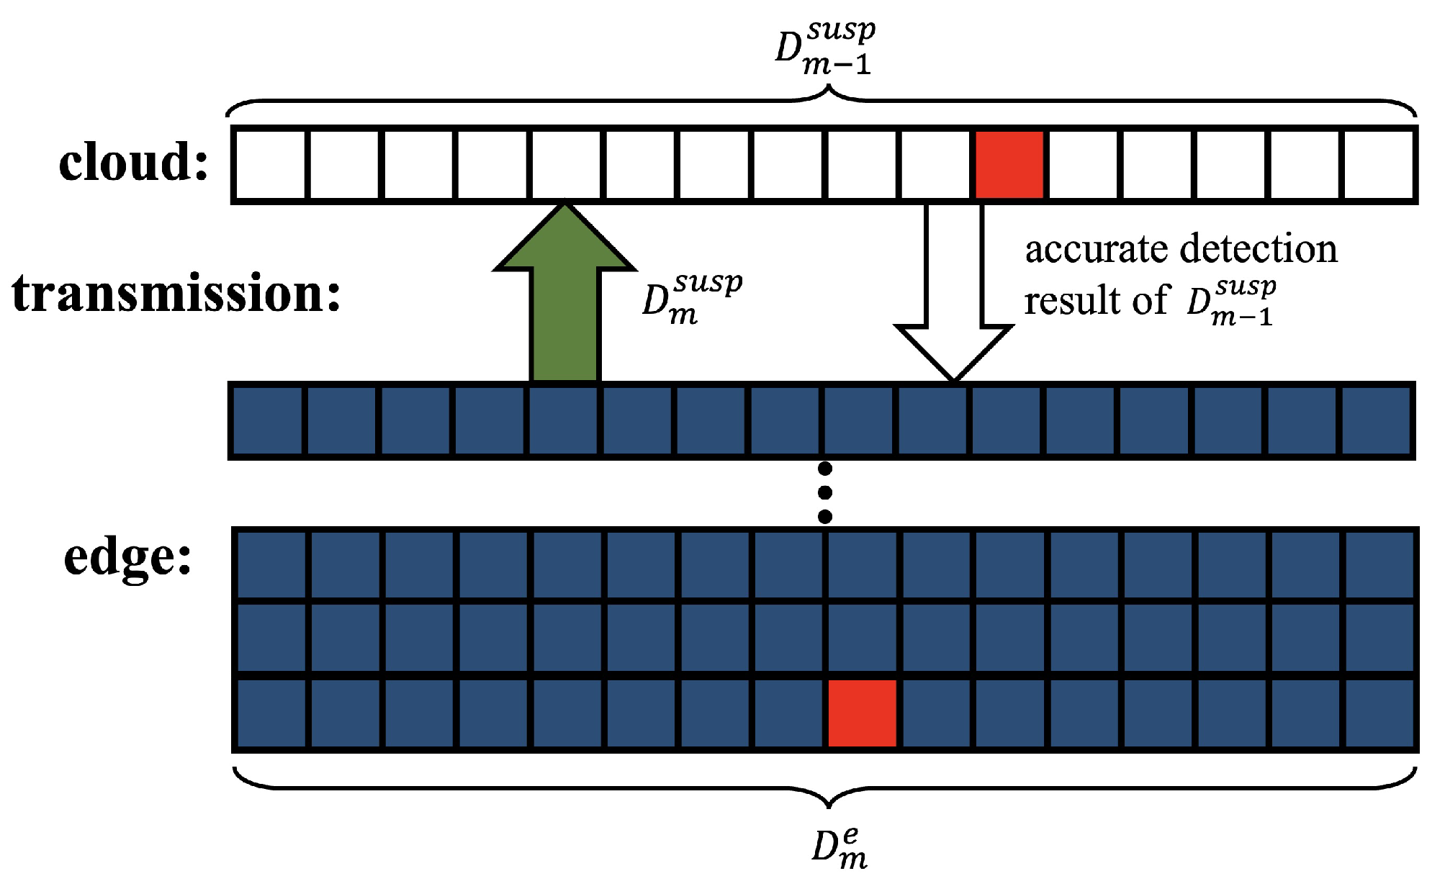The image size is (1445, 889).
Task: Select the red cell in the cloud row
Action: [1009, 165]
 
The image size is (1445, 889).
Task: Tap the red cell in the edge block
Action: [862, 713]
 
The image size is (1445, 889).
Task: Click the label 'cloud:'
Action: [133, 162]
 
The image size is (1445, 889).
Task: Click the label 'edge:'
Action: [128, 557]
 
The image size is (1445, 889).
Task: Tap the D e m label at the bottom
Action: [839, 848]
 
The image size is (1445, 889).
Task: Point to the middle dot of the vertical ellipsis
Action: [826, 492]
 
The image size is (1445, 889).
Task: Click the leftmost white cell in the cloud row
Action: [270, 165]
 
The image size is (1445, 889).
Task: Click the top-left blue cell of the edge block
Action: [271, 564]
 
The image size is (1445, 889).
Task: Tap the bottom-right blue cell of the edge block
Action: [1379, 713]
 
